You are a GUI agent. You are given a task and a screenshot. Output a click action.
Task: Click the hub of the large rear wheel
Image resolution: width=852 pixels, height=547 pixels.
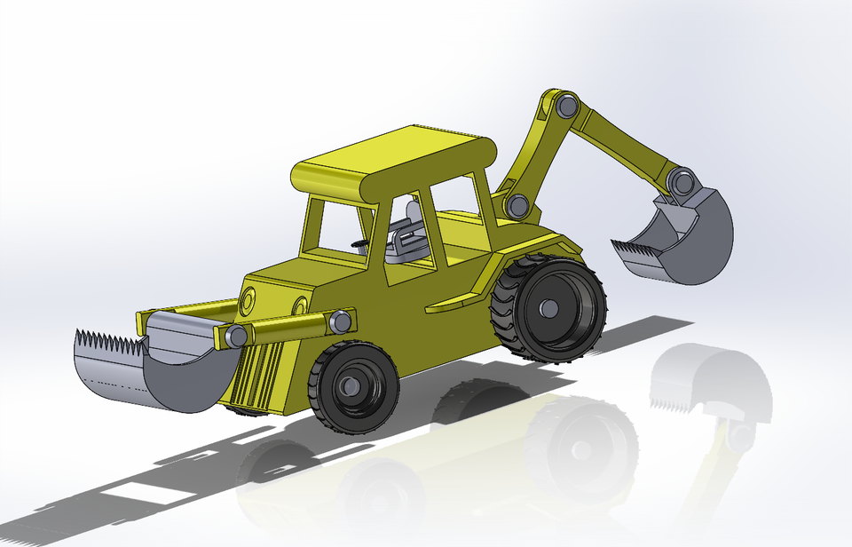coord(549,308)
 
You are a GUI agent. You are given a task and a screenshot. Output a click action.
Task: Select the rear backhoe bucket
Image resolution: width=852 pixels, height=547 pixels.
coord(701,244)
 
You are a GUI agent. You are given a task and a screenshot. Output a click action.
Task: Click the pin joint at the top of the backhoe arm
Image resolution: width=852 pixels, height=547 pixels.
coord(565,106)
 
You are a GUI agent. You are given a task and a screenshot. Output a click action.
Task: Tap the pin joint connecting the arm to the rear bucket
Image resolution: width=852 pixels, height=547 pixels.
coord(682,182)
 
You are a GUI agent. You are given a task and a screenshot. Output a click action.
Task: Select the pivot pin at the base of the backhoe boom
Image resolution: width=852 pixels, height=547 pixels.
coord(517,207)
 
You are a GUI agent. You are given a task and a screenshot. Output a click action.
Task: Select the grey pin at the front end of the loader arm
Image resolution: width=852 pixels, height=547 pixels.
coord(236,336)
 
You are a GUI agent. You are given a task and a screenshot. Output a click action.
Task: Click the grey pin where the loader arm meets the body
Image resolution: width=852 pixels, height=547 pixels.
coord(338,321)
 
